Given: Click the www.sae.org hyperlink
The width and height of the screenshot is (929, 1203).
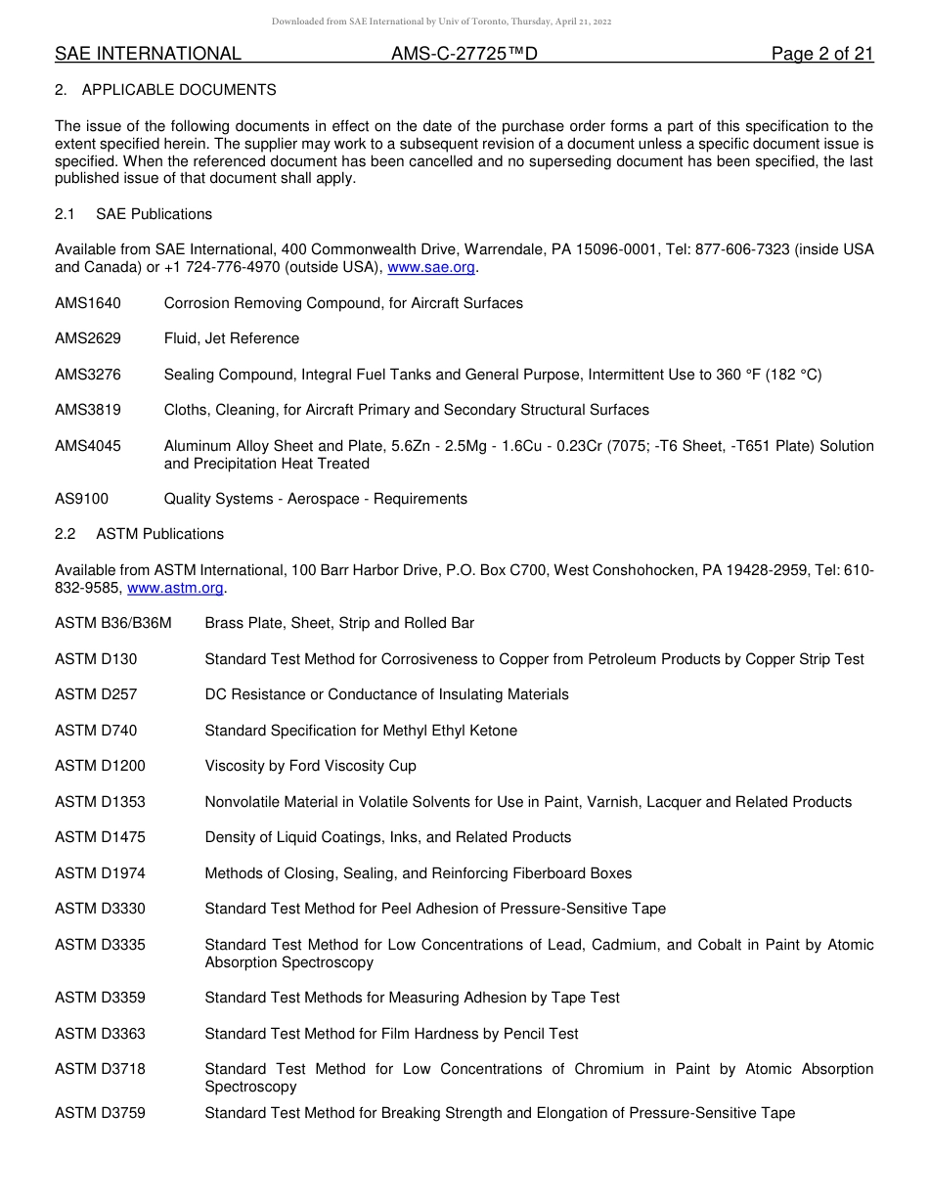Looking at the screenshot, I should pyautogui.click(x=431, y=267).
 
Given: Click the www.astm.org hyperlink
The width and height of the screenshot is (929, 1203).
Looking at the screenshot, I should pyautogui.click(x=176, y=588).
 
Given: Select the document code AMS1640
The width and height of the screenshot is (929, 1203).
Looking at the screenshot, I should pyautogui.click(x=88, y=303).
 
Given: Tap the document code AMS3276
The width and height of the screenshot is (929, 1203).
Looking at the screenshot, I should pyautogui.click(x=88, y=375).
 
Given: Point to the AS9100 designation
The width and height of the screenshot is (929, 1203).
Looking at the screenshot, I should pyautogui.click(x=82, y=499).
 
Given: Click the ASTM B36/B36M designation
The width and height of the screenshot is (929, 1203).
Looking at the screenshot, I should pyautogui.click(x=113, y=623).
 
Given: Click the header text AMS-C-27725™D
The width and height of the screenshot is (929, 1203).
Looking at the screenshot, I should pyautogui.click(x=464, y=55).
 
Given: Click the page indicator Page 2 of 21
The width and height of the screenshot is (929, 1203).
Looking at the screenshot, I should pyautogui.click(x=821, y=55).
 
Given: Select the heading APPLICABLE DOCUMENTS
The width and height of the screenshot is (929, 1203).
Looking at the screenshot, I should pyautogui.click(x=179, y=90).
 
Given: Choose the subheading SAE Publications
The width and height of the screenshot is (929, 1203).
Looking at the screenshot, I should pyautogui.click(x=154, y=214).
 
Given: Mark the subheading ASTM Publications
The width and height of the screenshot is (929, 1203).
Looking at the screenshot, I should pyautogui.click(x=159, y=534).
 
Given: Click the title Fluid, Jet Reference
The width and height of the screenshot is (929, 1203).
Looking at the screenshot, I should pyautogui.click(x=232, y=338).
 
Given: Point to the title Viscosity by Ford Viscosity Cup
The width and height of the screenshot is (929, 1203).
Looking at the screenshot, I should pyautogui.click(x=310, y=766).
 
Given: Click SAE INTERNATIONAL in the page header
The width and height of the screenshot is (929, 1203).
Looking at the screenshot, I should pyautogui.click(x=148, y=55).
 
